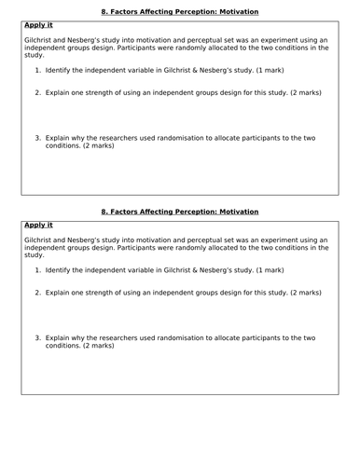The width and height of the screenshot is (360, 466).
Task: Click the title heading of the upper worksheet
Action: (179, 11)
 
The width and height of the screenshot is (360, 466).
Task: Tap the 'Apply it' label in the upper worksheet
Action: (39, 25)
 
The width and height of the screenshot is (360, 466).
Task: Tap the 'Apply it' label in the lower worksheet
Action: (39, 226)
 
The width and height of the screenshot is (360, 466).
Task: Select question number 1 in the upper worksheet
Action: (38, 70)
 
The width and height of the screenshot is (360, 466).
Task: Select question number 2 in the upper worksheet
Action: (38, 92)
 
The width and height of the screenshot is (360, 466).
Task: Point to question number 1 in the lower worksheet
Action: (38, 270)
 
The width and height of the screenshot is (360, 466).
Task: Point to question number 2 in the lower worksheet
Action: (38, 293)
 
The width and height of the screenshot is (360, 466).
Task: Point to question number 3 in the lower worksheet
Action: (38, 337)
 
